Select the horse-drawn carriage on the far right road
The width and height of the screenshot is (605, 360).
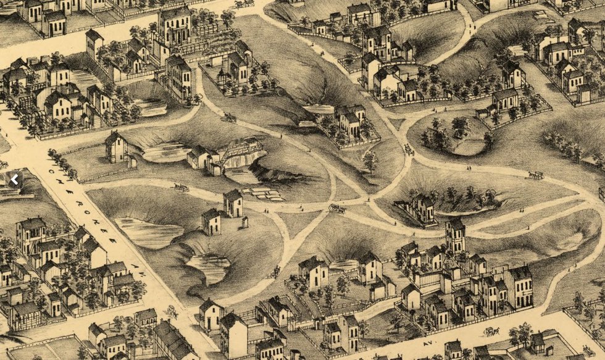(x=535, y=175)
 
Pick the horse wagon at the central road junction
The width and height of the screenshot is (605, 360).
(x=337, y=209)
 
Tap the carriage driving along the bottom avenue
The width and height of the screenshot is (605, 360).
(x=492, y=332)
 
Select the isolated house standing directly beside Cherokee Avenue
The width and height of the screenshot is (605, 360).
(x=115, y=147)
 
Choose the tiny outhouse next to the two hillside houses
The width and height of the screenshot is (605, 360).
(x=245, y=222)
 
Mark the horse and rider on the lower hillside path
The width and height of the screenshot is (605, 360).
(x=276, y=270)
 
